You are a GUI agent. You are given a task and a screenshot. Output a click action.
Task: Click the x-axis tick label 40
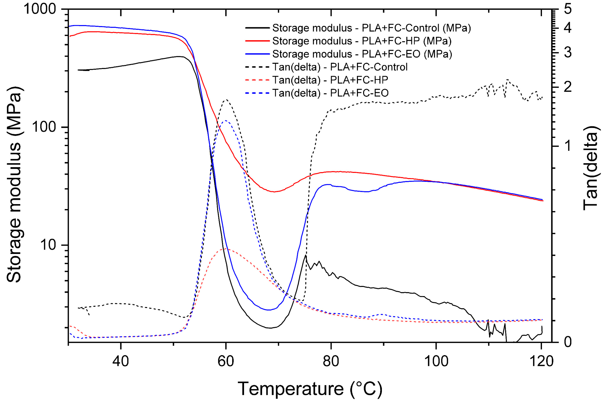[120, 362]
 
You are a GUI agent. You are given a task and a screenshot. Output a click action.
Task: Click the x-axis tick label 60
[226, 362]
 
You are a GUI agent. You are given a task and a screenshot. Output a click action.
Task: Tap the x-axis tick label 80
[331, 362]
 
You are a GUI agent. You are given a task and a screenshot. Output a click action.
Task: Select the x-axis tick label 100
[436, 362]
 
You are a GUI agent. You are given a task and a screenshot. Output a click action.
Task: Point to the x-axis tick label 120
[541, 362]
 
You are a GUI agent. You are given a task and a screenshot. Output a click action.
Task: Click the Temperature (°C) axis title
[310, 389]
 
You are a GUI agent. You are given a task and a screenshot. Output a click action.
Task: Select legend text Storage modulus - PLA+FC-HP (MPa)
[362, 41]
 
